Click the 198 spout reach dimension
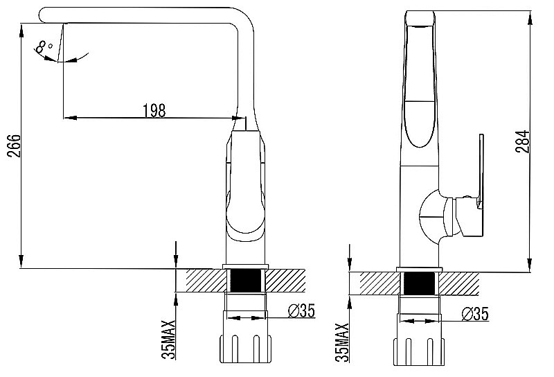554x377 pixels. [154, 111]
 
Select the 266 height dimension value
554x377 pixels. [15, 146]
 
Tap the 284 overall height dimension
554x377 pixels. [523, 141]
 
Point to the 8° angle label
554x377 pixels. [44, 46]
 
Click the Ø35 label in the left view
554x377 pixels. [301, 311]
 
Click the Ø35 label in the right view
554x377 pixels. [475, 314]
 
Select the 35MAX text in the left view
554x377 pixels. [168, 340]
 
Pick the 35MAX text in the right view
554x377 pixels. [342, 342]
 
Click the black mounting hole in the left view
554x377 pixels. [245, 281]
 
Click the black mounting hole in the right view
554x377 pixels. [419, 283]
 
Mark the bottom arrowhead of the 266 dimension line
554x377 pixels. [21, 261]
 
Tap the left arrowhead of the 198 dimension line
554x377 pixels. [70, 117]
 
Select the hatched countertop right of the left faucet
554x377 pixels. [285, 281]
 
